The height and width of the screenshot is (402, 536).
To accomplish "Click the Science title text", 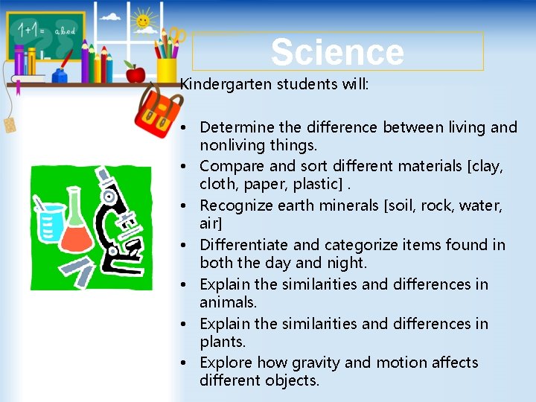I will coord(337,52).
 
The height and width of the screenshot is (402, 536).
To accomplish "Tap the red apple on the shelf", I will coord(135,72).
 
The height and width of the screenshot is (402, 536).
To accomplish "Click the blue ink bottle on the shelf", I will coord(60,74).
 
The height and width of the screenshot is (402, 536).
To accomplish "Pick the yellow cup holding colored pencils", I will coord(167,69).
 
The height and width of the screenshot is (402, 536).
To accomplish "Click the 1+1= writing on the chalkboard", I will coord(31,30).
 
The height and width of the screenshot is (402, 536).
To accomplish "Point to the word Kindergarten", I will coord(226,84).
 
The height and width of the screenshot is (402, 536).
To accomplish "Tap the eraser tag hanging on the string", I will coord(10,124).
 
